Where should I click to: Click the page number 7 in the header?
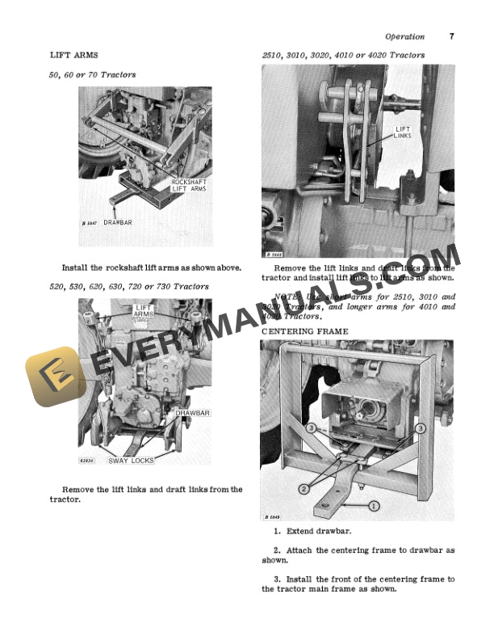click(451, 36)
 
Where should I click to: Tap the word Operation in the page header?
click(404, 36)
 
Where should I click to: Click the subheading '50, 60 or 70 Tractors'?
click(93, 74)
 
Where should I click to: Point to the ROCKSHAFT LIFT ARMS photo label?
click(189, 185)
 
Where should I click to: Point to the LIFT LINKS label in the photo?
click(403, 133)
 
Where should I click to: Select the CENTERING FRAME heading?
click(304, 331)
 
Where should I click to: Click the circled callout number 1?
click(375, 505)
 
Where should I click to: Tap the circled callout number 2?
click(304, 489)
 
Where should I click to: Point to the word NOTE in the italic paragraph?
click(287, 297)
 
